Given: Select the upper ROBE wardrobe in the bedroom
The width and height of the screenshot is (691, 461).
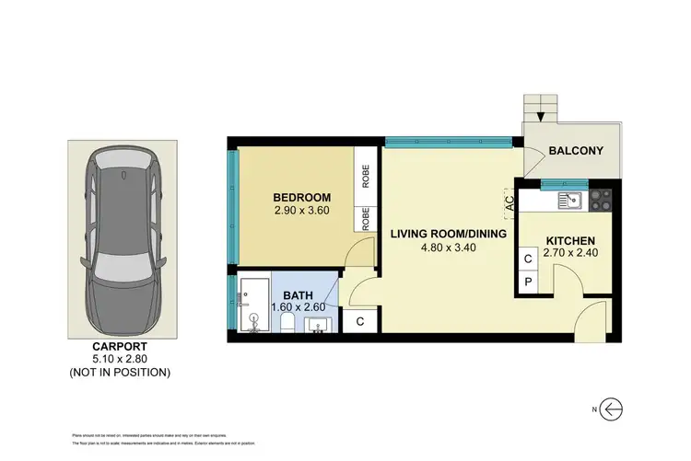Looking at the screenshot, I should (366, 175).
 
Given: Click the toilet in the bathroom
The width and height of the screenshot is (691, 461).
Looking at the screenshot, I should (287, 322).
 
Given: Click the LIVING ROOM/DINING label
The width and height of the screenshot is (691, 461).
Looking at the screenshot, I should (449, 234).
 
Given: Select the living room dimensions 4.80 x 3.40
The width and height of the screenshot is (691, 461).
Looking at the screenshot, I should (449, 248).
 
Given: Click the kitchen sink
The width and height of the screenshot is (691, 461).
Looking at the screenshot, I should (570, 198).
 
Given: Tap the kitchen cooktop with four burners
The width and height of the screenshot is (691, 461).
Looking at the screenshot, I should (599, 199).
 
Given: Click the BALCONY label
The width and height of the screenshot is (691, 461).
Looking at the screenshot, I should (575, 151).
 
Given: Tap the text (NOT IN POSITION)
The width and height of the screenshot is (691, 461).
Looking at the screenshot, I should (119, 373).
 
